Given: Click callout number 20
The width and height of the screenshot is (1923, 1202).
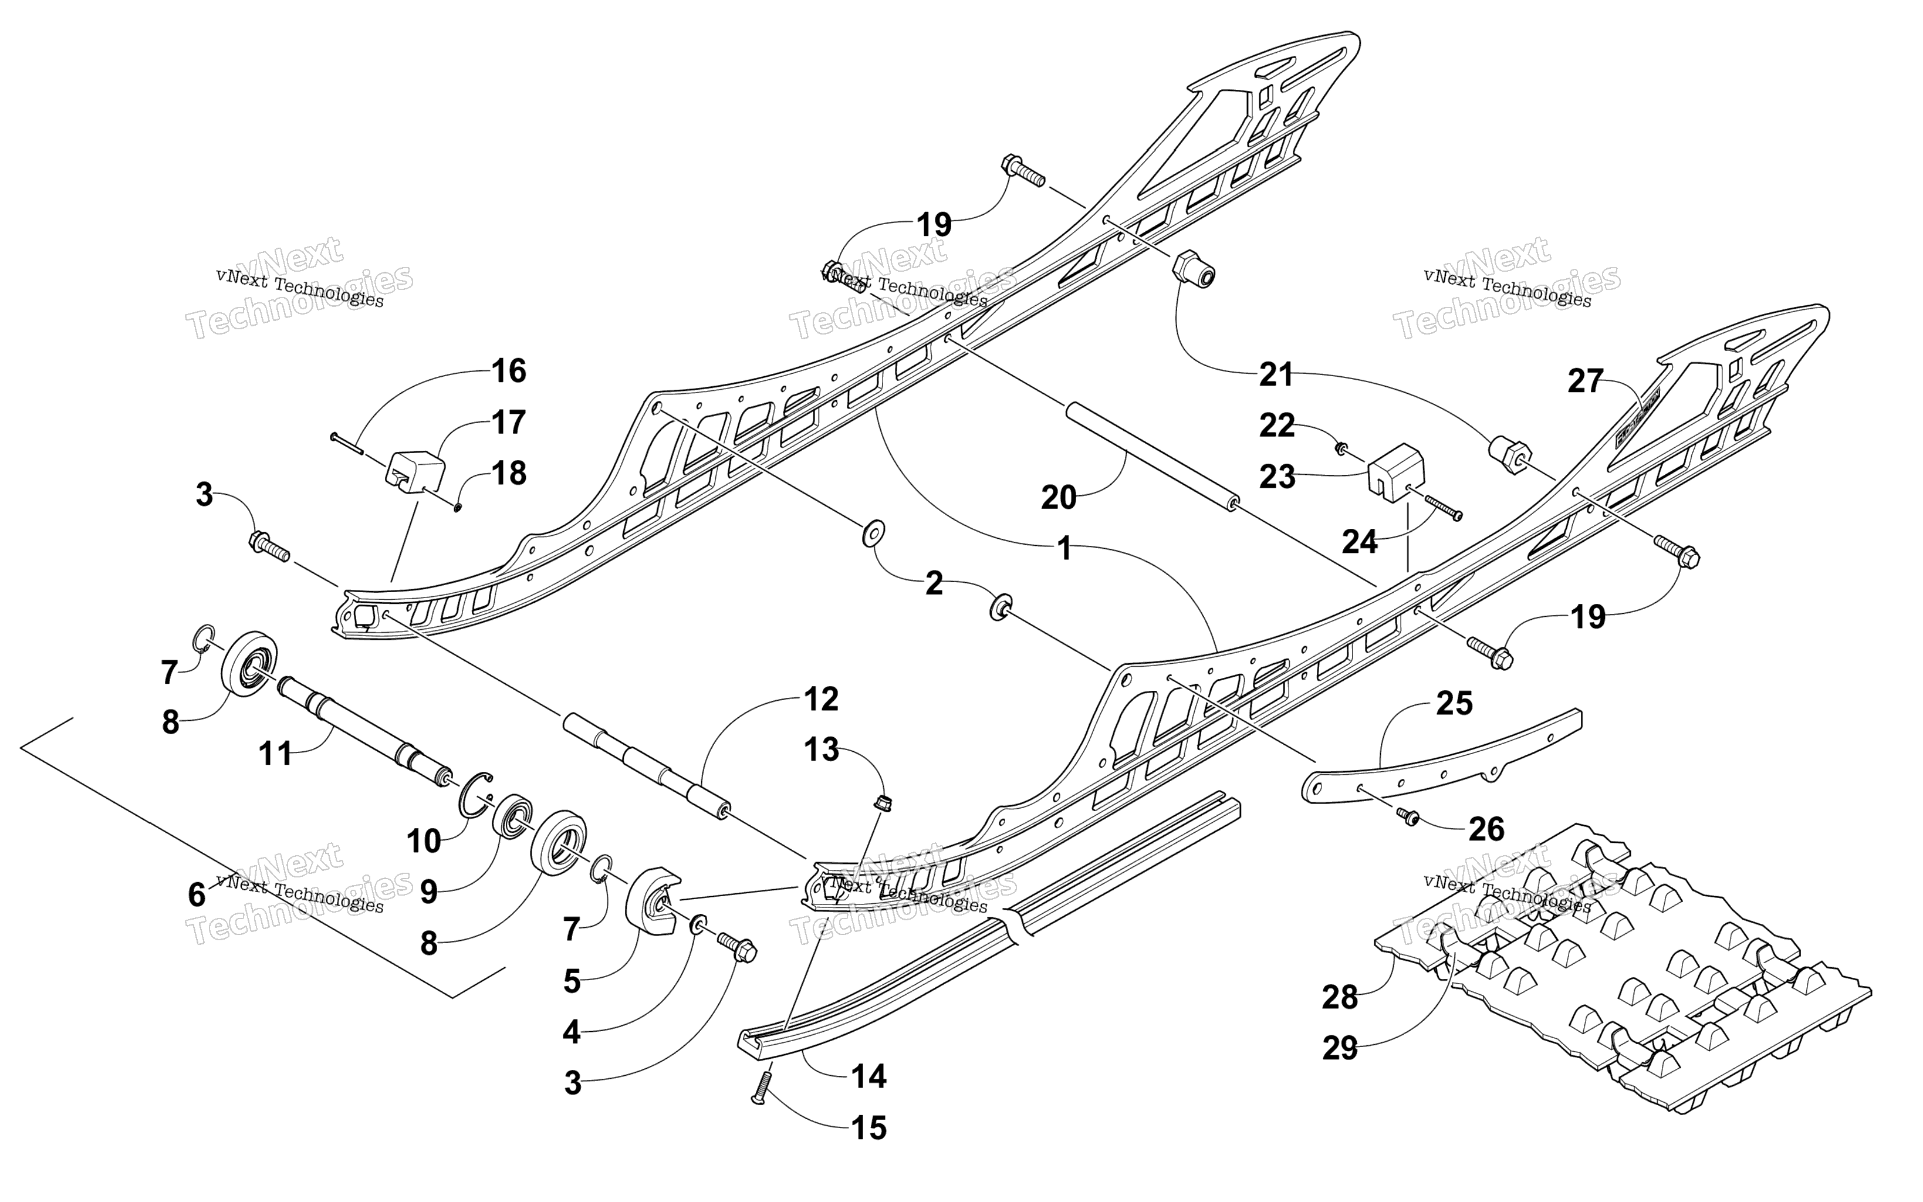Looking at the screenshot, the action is (1059, 498).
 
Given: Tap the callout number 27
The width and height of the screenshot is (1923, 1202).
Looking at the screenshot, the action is (1585, 381).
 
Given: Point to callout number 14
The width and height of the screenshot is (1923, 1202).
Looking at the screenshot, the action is (868, 1076).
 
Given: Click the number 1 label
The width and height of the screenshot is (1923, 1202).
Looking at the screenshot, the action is (1065, 549).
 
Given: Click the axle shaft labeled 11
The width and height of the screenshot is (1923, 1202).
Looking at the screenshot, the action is (366, 732).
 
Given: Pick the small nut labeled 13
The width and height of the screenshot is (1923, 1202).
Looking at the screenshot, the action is (882, 802).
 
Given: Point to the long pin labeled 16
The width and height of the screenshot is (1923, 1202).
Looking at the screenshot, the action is (346, 443).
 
